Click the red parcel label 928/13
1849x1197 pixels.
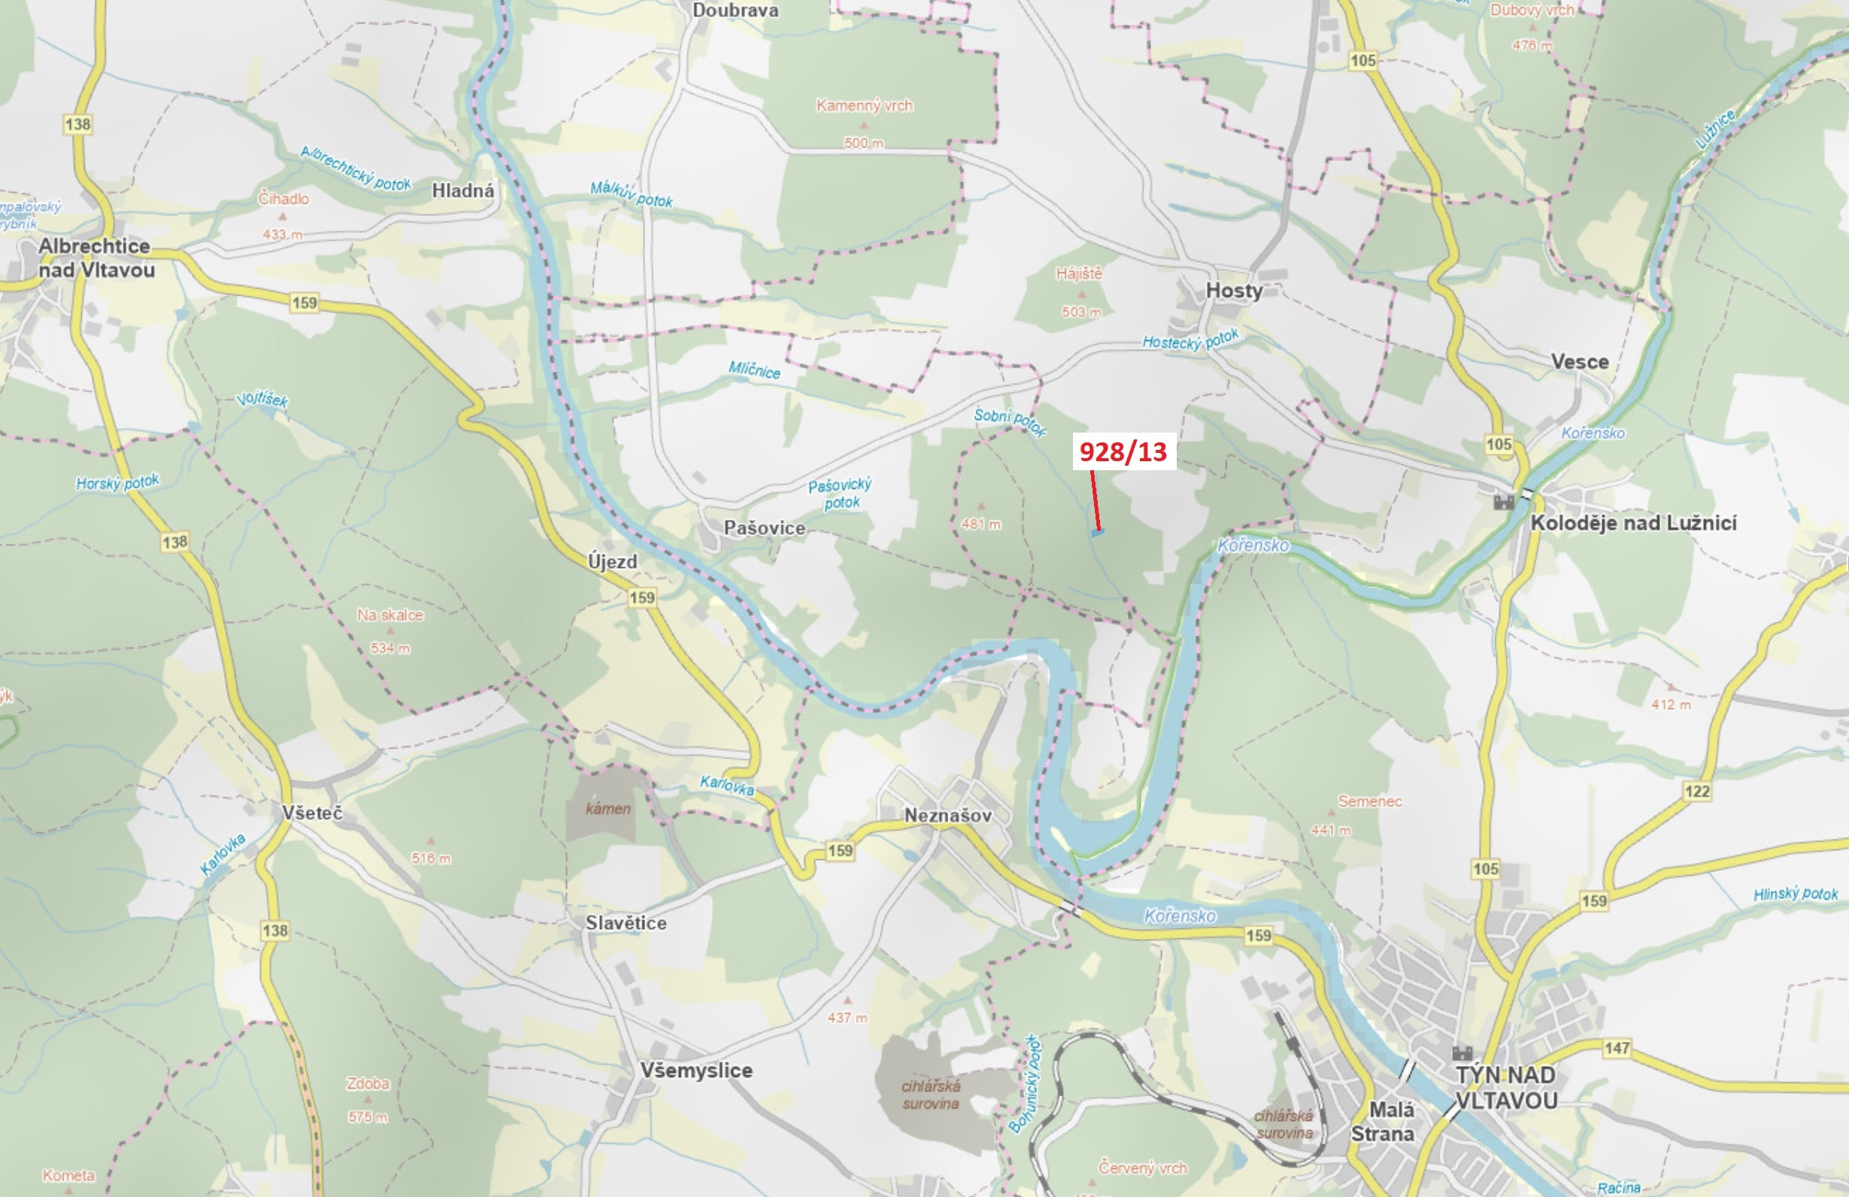(1123, 451)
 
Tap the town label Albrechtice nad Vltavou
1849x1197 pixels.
(96, 258)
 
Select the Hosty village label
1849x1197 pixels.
(1233, 290)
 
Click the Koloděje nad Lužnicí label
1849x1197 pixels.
(1633, 523)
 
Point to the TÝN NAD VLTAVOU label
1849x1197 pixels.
(1505, 1087)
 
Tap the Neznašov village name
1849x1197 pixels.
(947, 816)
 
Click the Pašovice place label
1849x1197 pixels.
(764, 527)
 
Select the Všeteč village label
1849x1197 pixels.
(311, 813)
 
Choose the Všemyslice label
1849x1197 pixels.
(696, 1071)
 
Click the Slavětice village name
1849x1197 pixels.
(626, 922)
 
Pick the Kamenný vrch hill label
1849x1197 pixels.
(864, 106)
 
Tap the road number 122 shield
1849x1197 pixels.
(1696, 791)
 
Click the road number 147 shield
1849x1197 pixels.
(1617, 1048)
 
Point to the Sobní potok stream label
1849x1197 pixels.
(1010, 421)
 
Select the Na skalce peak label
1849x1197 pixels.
(390, 615)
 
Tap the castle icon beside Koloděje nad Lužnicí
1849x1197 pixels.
(1503, 502)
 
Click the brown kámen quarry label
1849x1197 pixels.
(608, 808)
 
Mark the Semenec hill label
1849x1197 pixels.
(1370, 801)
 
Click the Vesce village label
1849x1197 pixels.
(1579, 361)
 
